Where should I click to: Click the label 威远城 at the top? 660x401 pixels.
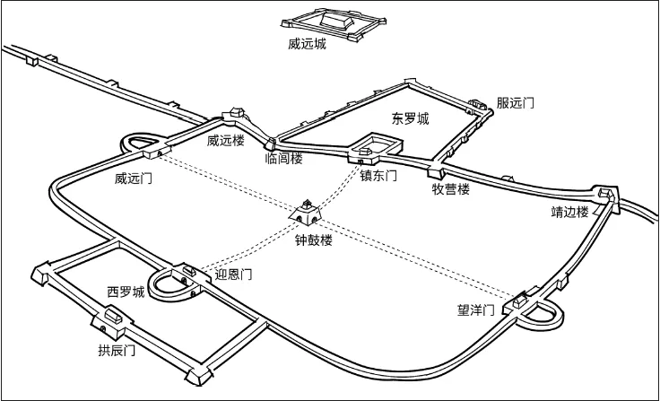(x=302, y=42)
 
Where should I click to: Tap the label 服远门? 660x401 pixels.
(x=516, y=103)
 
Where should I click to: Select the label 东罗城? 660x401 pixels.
(x=410, y=118)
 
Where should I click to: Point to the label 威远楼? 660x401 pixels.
(x=225, y=140)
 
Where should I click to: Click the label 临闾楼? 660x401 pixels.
(x=284, y=159)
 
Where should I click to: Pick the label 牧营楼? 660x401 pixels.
(x=451, y=189)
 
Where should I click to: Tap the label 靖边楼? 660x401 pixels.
(x=569, y=212)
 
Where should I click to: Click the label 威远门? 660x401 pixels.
(x=133, y=179)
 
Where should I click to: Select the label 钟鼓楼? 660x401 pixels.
(x=314, y=240)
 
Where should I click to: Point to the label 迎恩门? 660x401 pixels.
(x=233, y=275)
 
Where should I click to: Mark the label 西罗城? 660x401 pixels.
(x=126, y=292)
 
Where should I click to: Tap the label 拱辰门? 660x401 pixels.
(x=117, y=350)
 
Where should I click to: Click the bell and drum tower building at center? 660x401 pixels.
(x=308, y=213)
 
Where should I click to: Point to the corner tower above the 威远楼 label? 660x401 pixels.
(x=237, y=113)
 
